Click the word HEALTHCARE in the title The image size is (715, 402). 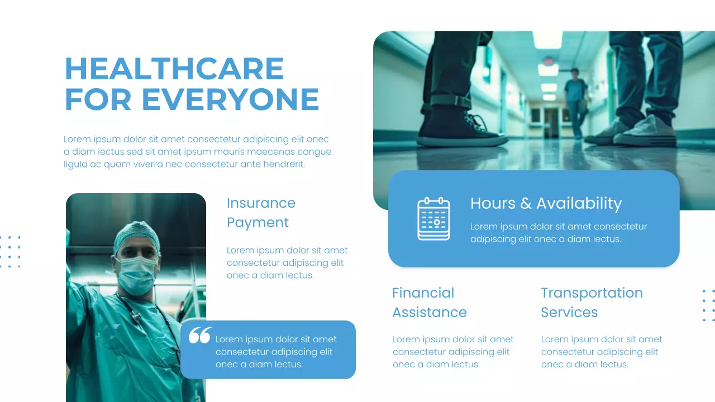point(174,69)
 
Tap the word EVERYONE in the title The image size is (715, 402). point(230,99)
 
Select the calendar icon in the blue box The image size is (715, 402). point(433,218)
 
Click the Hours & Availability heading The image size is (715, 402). point(546,203)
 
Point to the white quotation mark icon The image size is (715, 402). point(199,336)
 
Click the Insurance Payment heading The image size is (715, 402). point(261,213)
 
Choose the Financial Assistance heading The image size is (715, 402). point(429,302)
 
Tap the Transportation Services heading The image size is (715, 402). point(592,302)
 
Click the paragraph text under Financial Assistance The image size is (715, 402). point(453,352)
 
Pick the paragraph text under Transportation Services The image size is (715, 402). point(602,352)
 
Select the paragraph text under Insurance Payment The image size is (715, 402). point(287,263)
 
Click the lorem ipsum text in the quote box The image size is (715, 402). point(276,352)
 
